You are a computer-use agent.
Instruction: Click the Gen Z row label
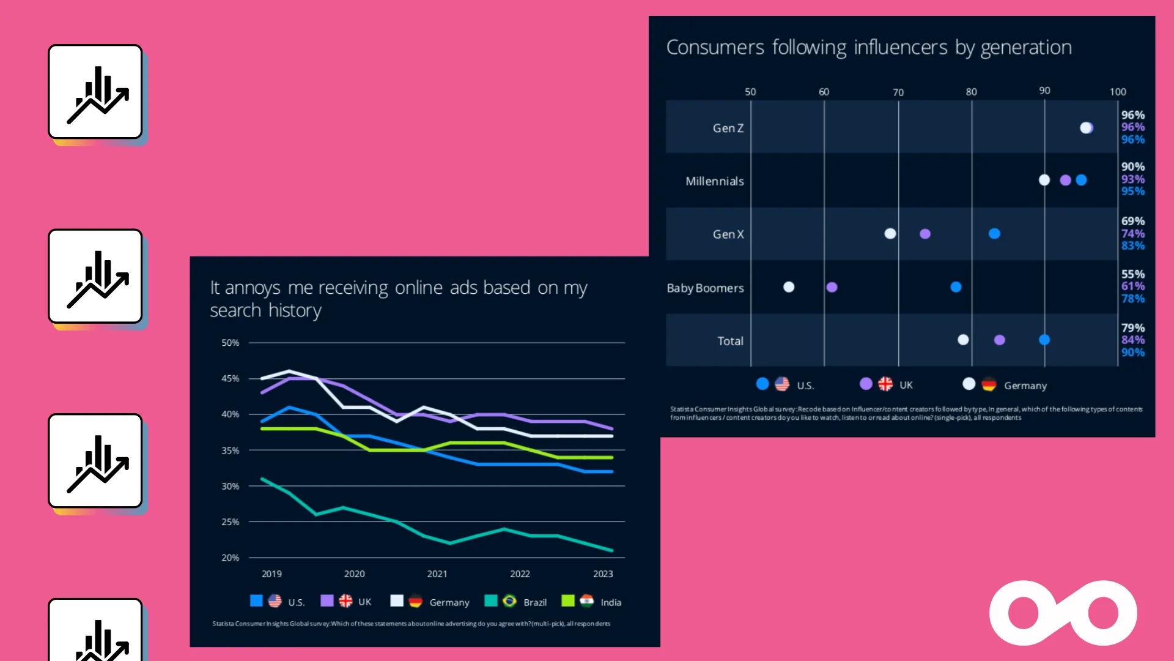(728, 129)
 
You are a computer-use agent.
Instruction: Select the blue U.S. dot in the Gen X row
(994, 234)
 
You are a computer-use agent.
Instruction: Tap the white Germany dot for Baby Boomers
(789, 287)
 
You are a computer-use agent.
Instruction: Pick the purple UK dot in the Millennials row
(1065, 180)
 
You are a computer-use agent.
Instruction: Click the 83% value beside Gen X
(1132, 246)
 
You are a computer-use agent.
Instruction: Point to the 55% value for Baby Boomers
(1132, 274)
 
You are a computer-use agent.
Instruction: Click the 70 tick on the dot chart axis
(898, 92)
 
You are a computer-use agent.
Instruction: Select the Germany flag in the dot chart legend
(989, 385)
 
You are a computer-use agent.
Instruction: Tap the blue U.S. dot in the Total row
(1044, 340)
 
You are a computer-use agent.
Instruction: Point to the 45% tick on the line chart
(230, 379)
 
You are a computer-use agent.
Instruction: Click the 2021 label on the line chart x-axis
(437, 574)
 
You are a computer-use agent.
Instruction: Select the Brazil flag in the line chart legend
(509, 602)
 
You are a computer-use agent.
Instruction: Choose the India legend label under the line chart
(610, 603)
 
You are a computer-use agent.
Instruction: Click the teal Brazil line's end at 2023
(611, 550)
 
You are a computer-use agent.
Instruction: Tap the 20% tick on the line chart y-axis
(230, 558)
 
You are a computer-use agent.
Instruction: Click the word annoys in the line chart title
(253, 288)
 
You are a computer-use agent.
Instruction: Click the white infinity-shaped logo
(1063, 613)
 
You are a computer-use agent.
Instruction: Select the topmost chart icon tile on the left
(95, 92)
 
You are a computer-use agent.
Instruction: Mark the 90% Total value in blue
(1132, 353)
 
